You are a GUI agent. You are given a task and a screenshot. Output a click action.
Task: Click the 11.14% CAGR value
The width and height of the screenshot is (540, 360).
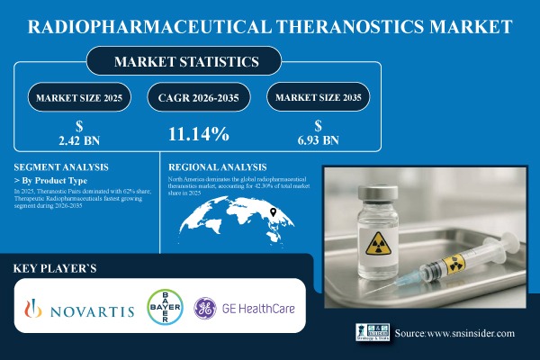(x=198, y=134)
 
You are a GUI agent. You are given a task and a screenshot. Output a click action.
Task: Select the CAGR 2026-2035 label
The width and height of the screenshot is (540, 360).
(x=198, y=96)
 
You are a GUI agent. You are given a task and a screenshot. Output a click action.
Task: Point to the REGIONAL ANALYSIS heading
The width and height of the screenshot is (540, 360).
(x=218, y=166)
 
